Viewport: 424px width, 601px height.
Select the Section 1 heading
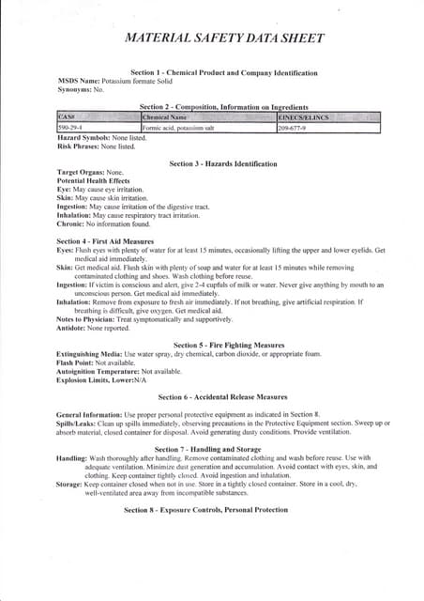[223, 72]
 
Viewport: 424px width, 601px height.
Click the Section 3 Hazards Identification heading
[223, 163]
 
